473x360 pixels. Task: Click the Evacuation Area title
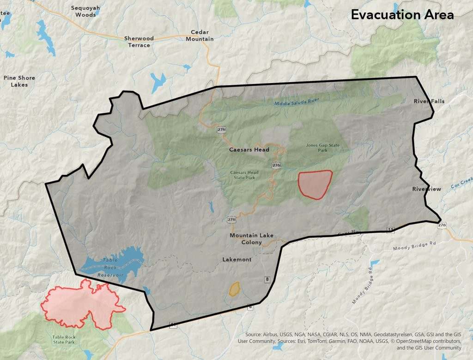pyautogui.click(x=402, y=15)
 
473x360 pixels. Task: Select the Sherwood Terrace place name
pyautogui.click(x=139, y=42)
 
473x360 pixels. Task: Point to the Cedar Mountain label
pyautogui.click(x=200, y=36)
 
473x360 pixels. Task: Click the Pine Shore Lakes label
pyautogui.click(x=19, y=81)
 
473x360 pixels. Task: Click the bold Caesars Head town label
pyautogui.click(x=249, y=150)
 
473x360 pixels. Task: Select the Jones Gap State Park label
pyautogui.click(x=322, y=147)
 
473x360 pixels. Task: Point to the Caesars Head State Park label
pyautogui.click(x=244, y=175)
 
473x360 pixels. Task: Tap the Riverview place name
pyautogui.click(x=426, y=189)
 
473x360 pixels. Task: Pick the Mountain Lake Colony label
pyautogui.click(x=251, y=238)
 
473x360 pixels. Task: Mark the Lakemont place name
pyautogui.click(x=237, y=259)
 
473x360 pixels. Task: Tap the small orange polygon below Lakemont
pyautogui.click(x=235, y=289)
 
